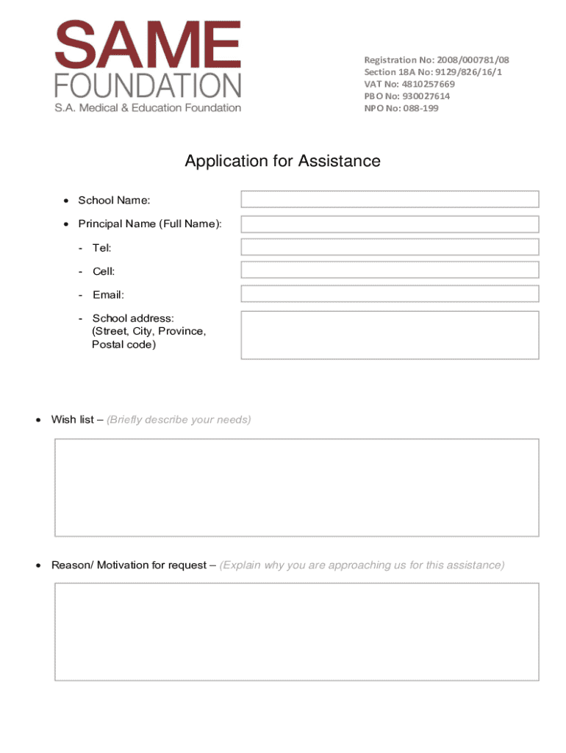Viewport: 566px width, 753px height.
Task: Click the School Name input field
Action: (x=390, y=199)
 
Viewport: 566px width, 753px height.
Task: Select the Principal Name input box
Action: (x=390, y=224)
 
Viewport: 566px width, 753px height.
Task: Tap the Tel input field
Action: (x=390, y=248)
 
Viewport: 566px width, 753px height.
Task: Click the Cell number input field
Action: (x=390, y=270)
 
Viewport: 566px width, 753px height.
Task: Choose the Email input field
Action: (x=390, y=294)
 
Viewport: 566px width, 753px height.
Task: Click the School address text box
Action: (x=390, y=335)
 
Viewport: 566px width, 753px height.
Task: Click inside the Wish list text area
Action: (x=296, y=488)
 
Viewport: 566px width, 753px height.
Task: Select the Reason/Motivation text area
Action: (x=296, y=632)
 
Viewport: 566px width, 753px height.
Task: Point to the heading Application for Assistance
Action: (x=282, y=161)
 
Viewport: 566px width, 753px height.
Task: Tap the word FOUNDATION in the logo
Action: (x=148, y=87)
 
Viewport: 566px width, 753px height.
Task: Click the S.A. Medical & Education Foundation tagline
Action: (x=148, y=108)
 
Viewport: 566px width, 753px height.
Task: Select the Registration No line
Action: (x=437, y=60)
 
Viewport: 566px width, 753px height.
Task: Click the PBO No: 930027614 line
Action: (x=407, y=96)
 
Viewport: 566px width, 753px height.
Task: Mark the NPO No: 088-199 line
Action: (x=401, y=108)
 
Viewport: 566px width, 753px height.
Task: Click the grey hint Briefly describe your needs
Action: (x=179, y=420)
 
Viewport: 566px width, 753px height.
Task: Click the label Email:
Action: (x=108, y=295)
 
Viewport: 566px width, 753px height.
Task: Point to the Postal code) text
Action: (x=123, y=344)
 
